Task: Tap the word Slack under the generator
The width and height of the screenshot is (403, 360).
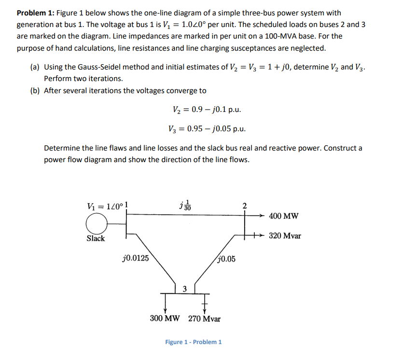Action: (x=96, y=238)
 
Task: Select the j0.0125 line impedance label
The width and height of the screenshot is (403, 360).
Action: (x=136, y=257)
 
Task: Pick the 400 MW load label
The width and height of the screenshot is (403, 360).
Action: (x=284, y=216)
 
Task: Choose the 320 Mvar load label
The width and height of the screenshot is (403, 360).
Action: (x=285, y=236)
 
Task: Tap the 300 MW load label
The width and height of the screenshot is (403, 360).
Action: (x=165, y=318)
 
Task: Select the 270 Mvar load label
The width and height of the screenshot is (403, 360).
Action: (x=204, y=318)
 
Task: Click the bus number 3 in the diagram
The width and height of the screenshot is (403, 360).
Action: (x=184, y=289)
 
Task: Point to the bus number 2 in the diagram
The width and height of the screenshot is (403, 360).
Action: (x=244, y=207)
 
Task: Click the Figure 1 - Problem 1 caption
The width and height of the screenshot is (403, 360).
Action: (x=194, y=342)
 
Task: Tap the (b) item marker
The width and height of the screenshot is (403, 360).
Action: (x=33, y=90)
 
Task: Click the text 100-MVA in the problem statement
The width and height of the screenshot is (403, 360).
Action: (x=288, y=36)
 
